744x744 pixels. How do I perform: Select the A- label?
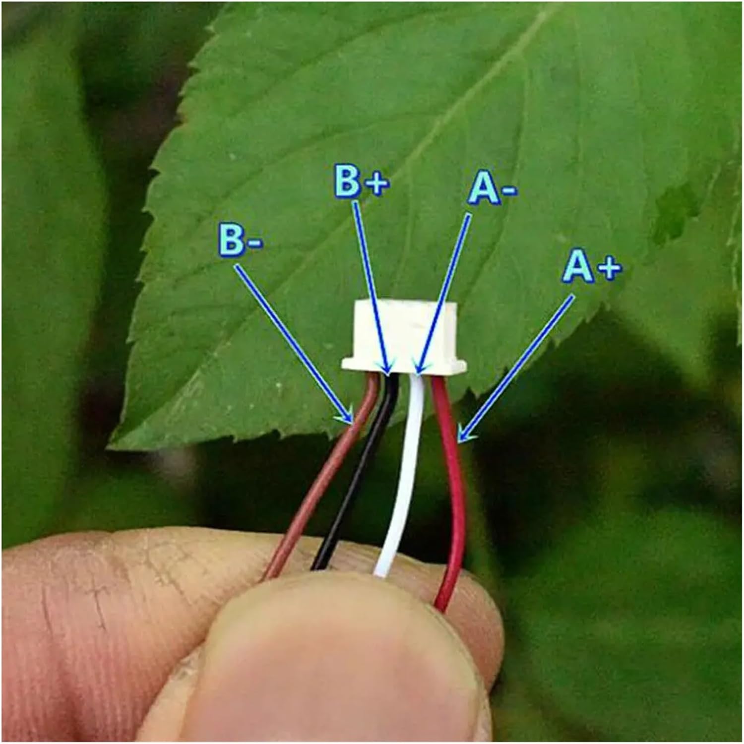pyautogui.click(x=493, y=189)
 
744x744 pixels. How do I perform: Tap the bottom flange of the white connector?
pyautogui.click(x=404, y=366)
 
